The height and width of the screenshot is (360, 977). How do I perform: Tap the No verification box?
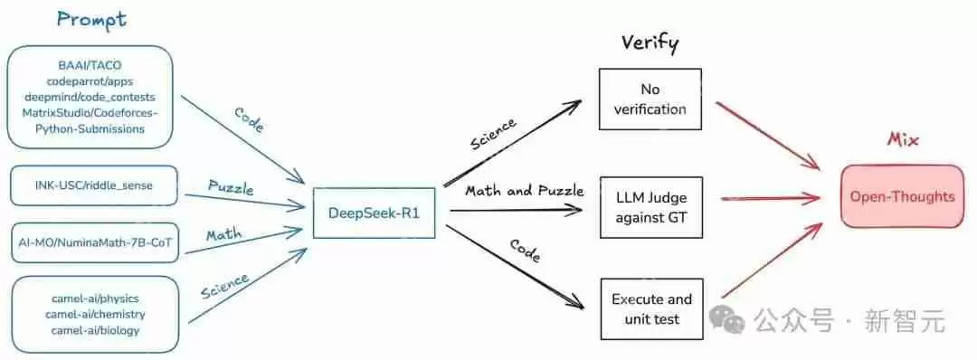coord(650,99)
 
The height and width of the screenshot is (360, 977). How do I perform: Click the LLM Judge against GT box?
coord(650,207)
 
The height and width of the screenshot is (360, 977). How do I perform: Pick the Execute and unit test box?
coord(651,308)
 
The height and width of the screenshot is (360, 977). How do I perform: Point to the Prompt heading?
coord(90,19)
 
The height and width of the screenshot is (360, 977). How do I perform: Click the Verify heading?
coord(650,43)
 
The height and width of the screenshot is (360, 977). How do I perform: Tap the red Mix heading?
coord(902,141)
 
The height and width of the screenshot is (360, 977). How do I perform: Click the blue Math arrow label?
coord(223,235)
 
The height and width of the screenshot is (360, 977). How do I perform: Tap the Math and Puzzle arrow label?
coord(524,191)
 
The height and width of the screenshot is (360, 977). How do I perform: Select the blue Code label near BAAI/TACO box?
coord(248,120)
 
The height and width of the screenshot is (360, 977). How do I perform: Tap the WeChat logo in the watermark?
coord(726,317)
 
